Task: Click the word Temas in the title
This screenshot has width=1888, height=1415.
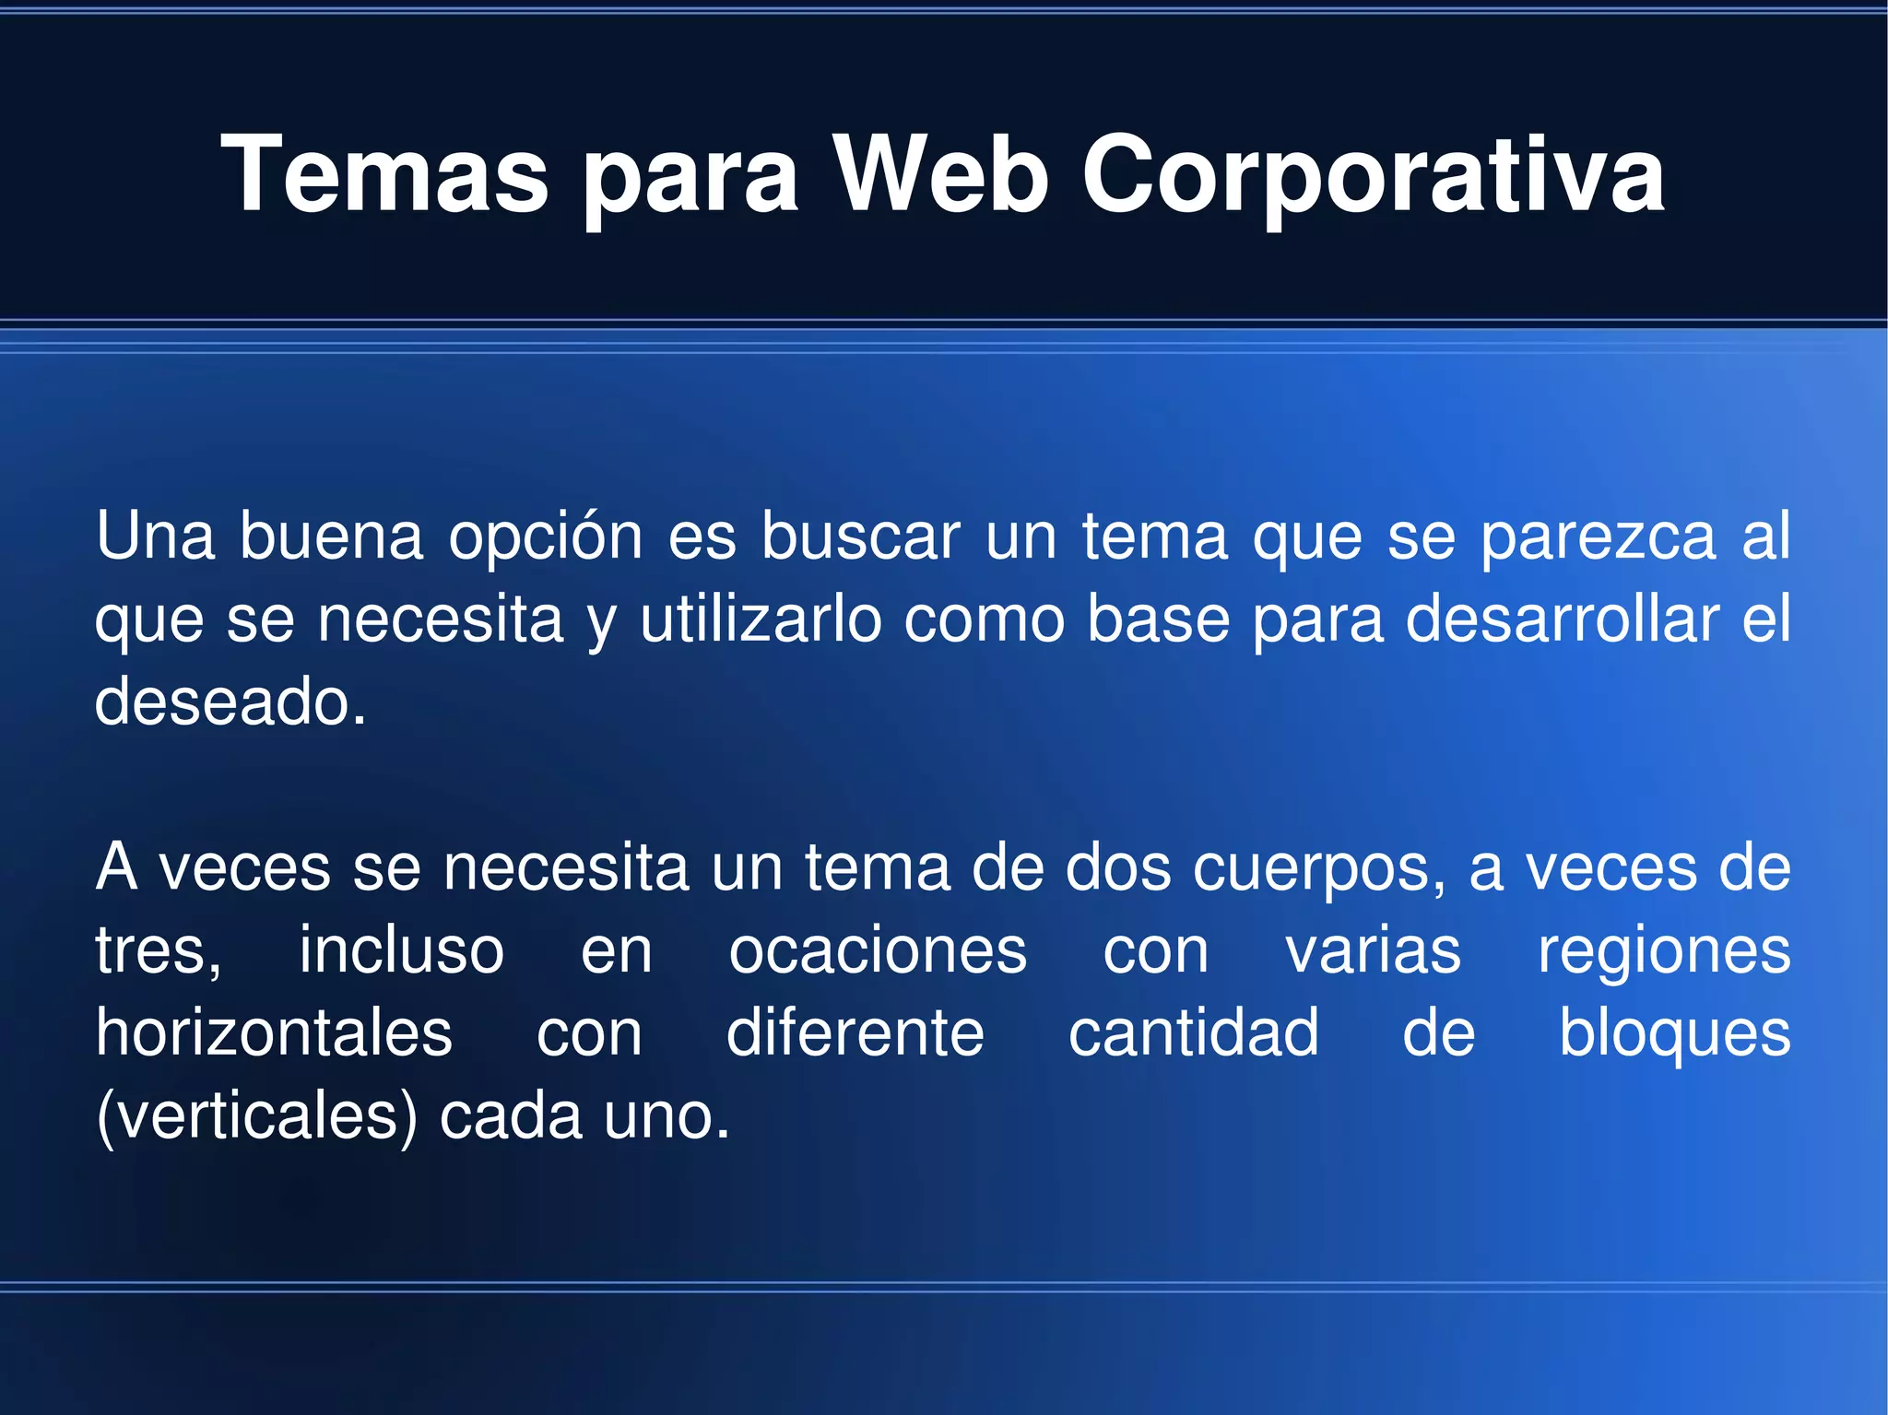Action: click(x=384, y=174)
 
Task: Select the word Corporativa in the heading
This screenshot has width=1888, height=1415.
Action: click(x=1373, y=176)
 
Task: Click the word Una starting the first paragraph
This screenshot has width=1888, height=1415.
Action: click(x=155, y=536)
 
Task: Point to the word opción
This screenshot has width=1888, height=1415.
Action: click(x=545, y=537)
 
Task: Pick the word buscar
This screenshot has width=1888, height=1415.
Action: click(x=860, y=536)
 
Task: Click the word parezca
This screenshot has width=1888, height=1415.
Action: click(x=1599, y=537)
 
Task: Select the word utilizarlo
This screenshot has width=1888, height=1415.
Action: click(x=761, y=619)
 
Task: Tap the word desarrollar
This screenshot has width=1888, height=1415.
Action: click(x=1562, y=619)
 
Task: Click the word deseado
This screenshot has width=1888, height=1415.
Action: click(x=230, y=702)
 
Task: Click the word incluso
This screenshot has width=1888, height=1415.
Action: click(x=401, y=950)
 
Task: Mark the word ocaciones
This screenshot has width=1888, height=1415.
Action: click(x=878, y=950)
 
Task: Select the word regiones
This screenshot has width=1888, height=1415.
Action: click(x=1664, y=952)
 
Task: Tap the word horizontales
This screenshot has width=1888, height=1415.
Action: click(x=274, y=1032)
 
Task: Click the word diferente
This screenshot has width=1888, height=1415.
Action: click(x=855, y=1032)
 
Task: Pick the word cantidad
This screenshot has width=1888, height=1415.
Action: click(x=1193, y=1032)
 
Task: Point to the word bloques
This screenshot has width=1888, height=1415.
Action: click(x=1674, y=1034)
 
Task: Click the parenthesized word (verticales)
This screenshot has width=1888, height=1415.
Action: click(x=257, y=1116)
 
